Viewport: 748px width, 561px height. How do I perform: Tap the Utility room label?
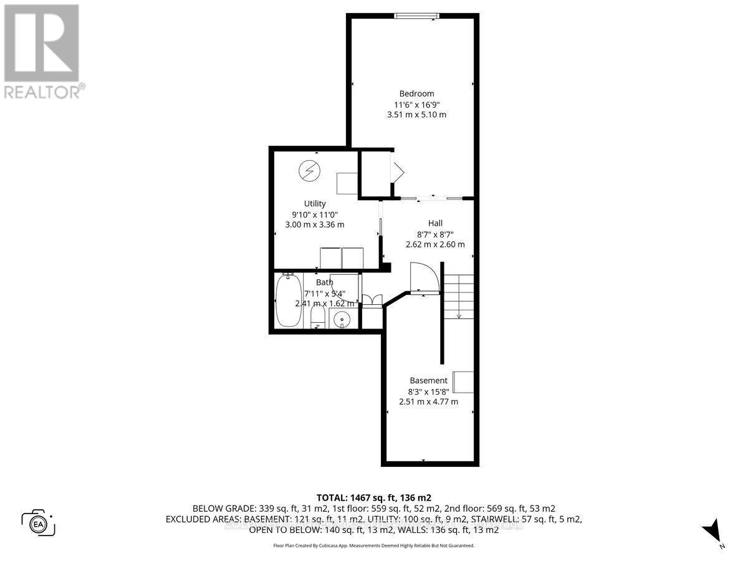pyautogui.click(x=315, y=203)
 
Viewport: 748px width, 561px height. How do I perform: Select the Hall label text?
pyautogui.click(x=435, y=223)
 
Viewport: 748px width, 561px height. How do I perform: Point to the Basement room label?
pyautogui.click(x=428, y=380)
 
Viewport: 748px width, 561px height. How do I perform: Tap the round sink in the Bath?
pyautogui.click(x=342, y=320)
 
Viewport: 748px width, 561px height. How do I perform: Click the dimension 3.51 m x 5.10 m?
pyautogui.click(x=416, y=115)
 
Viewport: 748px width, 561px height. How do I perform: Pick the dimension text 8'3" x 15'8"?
pyautogui.click(x=428, y=391)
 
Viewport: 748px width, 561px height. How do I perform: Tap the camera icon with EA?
pyautogui.click(x=38, y=522)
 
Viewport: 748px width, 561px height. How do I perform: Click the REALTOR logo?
pyautogui.click(x=42, y=50)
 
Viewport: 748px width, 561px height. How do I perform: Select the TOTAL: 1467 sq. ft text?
pyautogui.click(x=374, y=497)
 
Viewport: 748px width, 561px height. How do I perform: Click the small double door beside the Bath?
pyautogui.click(x=372, y=301)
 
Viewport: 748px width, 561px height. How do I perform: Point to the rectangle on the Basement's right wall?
pyautogui.click(x=463, y=381)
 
